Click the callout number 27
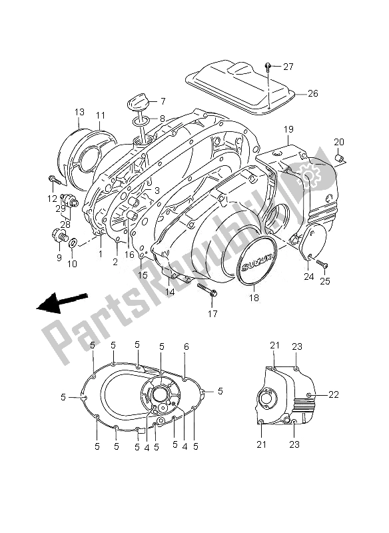click(x=288, y=67)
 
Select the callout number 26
click(x=313, y=93)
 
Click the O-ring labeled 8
click(x=141, y=120)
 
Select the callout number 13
click(x=79, y=112)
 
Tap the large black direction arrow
click(x=61, y=302)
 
